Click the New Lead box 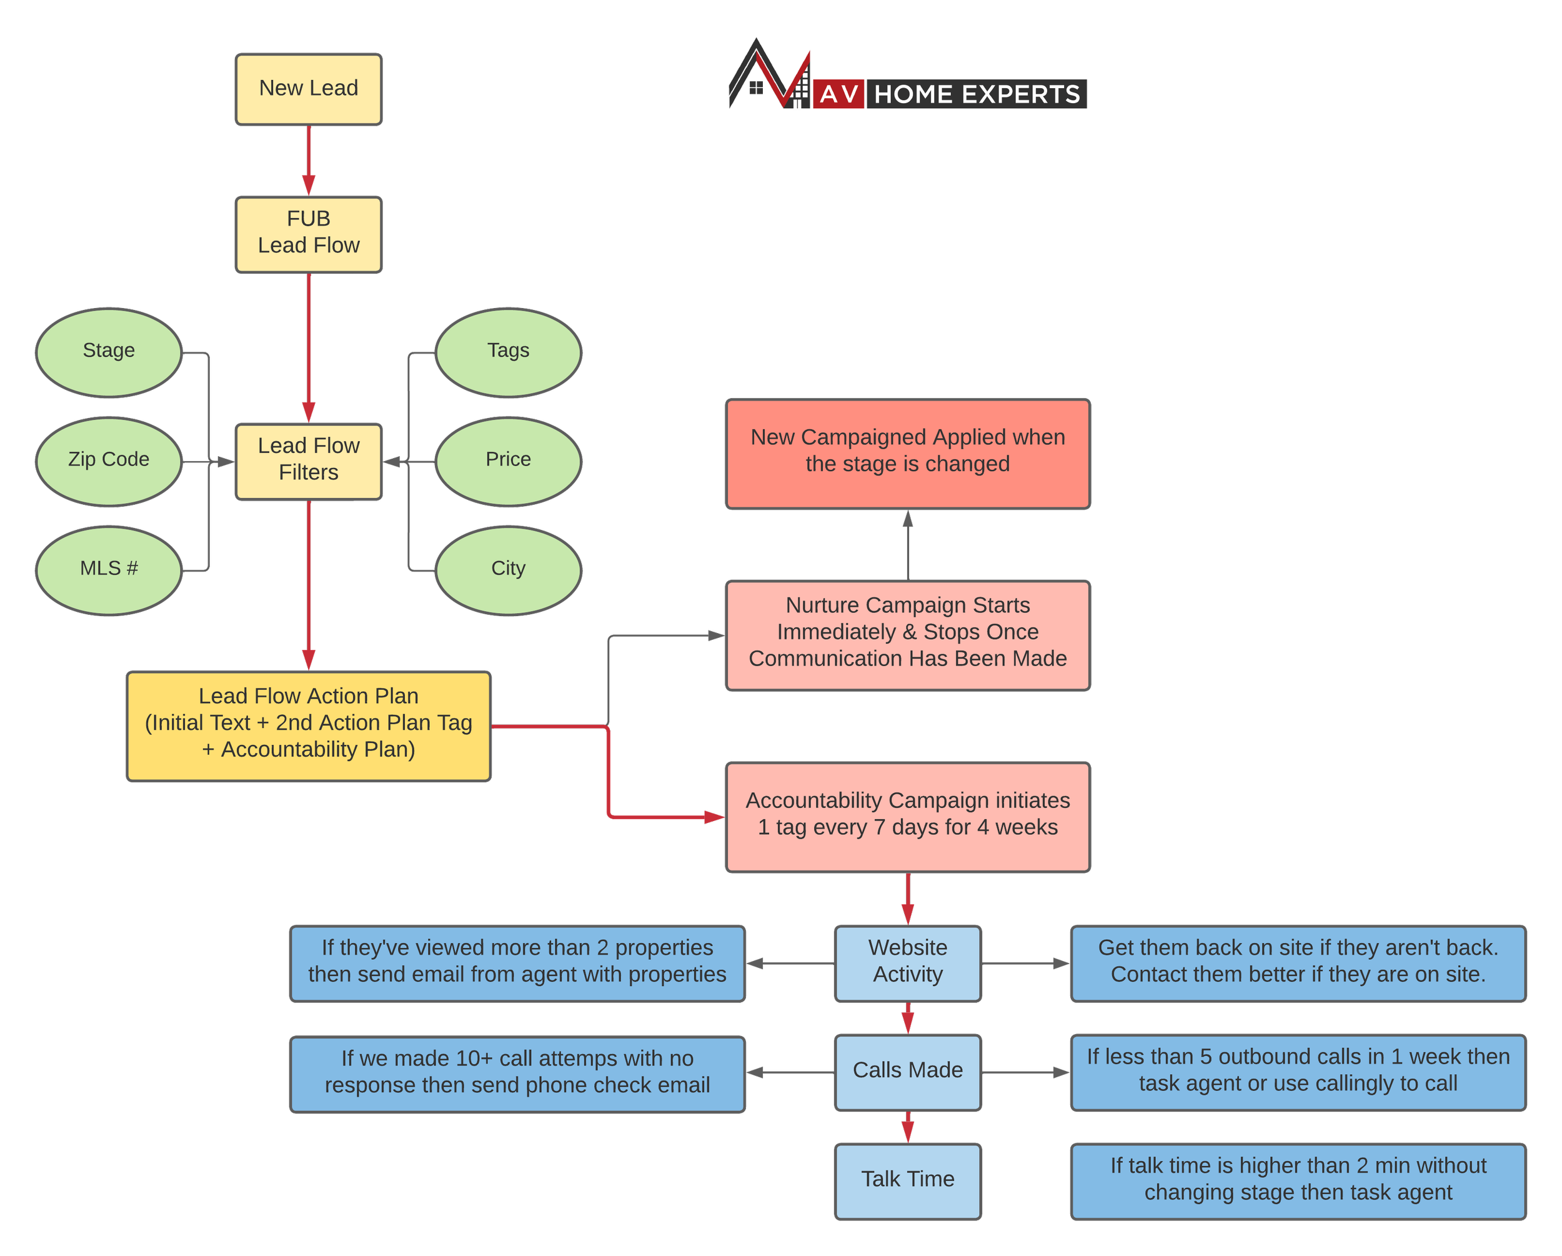click(x=308, y=89)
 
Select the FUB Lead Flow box click(x=308, y=233)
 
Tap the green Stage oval click(x=109, y=352)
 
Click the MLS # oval click(x=109, y=570)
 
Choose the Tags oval click(x=508, y=352)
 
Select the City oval click(x=508, y=570)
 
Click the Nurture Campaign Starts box click(x=907, y=634)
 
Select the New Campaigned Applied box click(x=907, y=453)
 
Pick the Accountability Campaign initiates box click(x=907, y=815)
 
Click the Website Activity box click(x=907, y=962)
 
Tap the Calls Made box click(x=907, y=1071)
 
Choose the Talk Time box click(x=907, y=1180)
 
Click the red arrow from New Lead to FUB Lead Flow click(x=309, y=159)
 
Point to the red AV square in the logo click(x=839, y=94)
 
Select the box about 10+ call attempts click(x=517, y=1073)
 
